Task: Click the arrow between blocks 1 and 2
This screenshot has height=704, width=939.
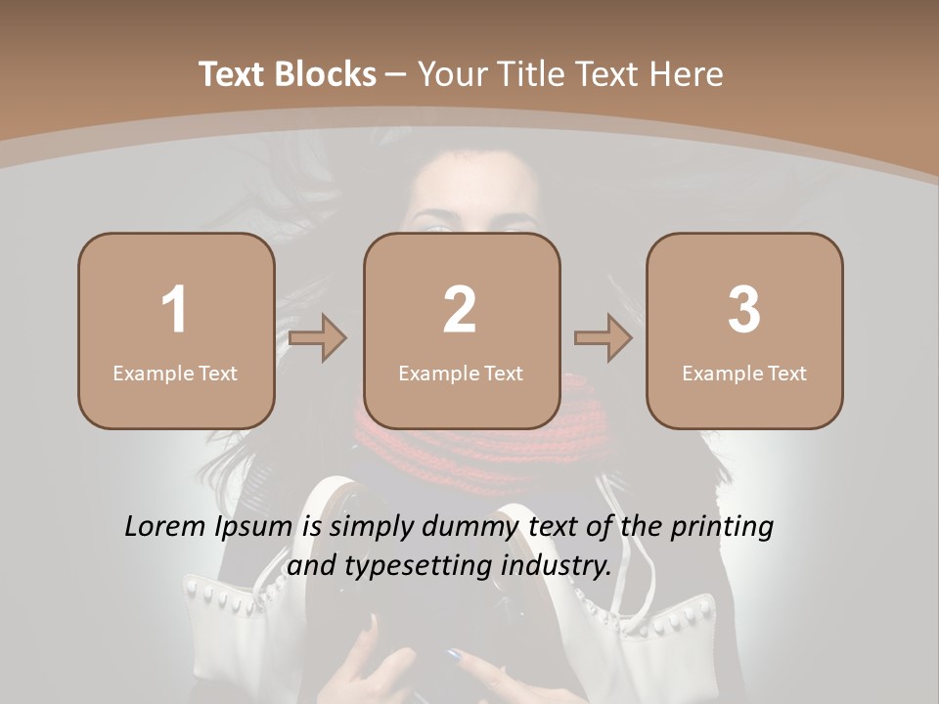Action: pos(318,338)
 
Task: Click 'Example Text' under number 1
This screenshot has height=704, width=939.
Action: pos(175,373)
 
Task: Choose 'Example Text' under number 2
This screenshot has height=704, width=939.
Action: pos(461,373)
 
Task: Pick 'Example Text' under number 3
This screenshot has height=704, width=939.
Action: pos(744,373)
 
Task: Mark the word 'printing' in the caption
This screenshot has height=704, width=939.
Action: pos(722,528)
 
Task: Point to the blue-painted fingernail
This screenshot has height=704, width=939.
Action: pos(454,654)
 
